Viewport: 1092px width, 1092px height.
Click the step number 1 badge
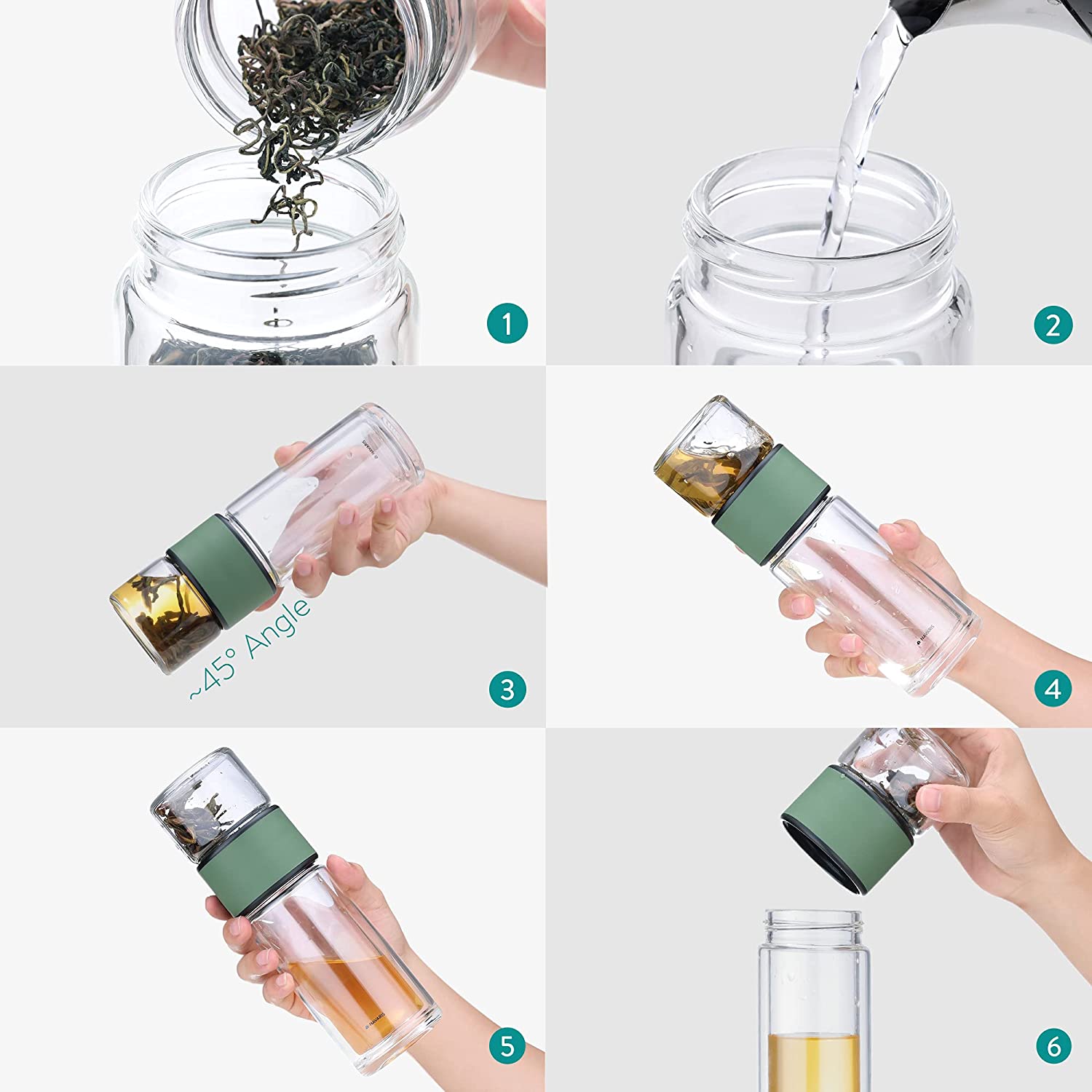tap(507, 323)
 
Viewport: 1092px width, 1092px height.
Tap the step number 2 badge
tap(1053, 325)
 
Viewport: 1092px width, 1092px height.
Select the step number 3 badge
tap(507, 689)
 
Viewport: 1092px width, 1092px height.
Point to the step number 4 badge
tap(1053, 689)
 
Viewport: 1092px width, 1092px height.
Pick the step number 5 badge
tap(507, 1046)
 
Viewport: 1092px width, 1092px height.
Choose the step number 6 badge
tap(1053, 1046)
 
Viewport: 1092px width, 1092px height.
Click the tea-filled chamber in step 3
tap(164, 615)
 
